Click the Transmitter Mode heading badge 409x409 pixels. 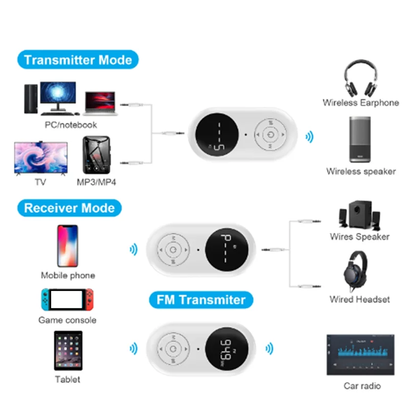pyautogui.click(x=78, y=60)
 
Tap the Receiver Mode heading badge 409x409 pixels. pyautogui.click(x=69, y=208)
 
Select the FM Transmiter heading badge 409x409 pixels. pyautogui.click(x=201, y=300)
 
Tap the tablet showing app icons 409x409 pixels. pyautogui.click(x=67, y=351)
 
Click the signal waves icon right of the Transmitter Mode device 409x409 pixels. pyautogui.click(x=309, y=137)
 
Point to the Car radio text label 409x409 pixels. pyautogui.click(x=362, y=385)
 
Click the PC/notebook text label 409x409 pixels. pyautogui.click(x=71, y=124)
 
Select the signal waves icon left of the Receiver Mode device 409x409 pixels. pyautogui.click(x=133, y=249)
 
